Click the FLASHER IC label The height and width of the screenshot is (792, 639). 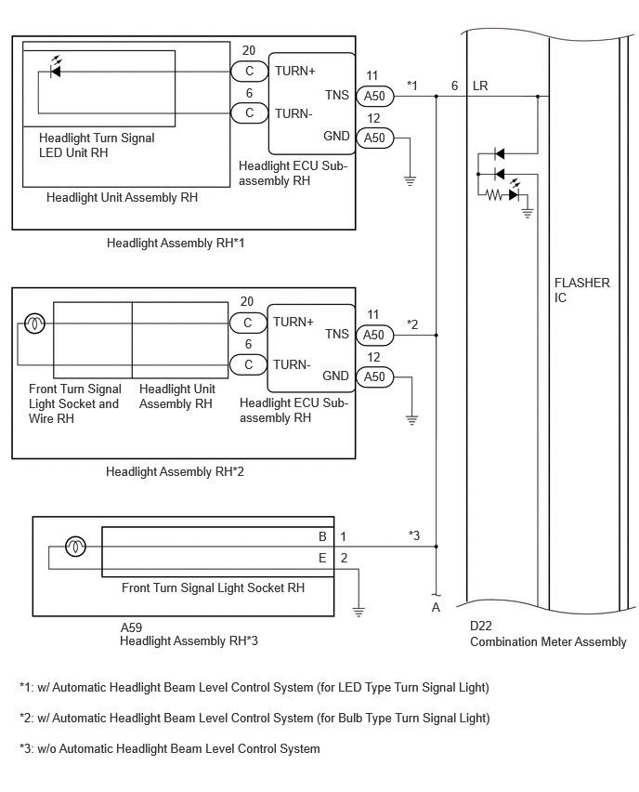[581, 290]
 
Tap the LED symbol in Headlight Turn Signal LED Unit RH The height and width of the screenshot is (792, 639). [56, 68]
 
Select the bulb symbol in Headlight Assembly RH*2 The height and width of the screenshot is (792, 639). [34, 323]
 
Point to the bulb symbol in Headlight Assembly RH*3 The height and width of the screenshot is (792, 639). [76, 547]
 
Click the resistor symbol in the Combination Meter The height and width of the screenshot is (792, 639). [495, 194]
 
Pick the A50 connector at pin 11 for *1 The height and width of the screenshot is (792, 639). [374, 96]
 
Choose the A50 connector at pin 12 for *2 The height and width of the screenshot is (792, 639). [374, 376]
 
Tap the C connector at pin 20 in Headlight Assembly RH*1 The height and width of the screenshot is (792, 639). [249, 72]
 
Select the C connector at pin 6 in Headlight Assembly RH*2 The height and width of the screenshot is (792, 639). [248, 364]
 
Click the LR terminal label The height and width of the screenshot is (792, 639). [480, 86]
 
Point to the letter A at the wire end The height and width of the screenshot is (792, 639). [437, 608]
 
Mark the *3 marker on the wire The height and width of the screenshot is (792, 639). [414, 535]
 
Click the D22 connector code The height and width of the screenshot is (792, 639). [480, 626]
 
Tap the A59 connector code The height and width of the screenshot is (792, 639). [131, 627]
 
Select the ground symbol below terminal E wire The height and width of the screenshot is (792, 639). [359, 613]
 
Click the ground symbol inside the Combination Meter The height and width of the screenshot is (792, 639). [528, 213]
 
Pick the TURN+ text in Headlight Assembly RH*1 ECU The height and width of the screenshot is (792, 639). [294, 72]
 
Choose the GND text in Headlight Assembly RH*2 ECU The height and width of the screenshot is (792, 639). [335, 376]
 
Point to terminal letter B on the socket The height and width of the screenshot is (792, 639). [322, 536]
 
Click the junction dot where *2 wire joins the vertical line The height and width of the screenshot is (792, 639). [437, 335]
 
